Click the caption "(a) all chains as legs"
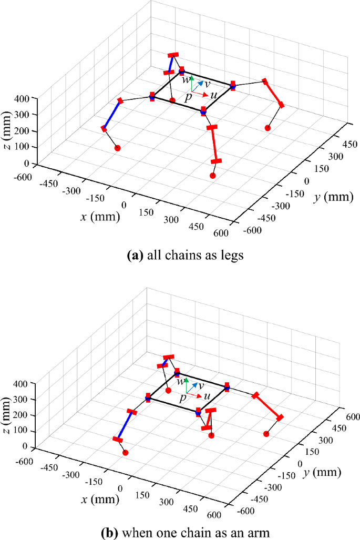(x=180, y=257)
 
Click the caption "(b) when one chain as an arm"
(x=180, y=531)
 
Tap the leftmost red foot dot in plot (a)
(x=117, y=148)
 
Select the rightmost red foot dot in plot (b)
(x=266, y=434)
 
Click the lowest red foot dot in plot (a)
(x=213, y=176)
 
